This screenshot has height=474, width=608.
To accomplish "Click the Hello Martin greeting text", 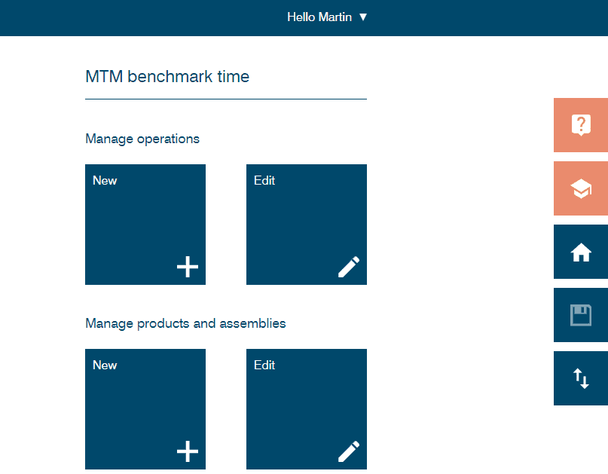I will pyautogui.click(x=319, y=17).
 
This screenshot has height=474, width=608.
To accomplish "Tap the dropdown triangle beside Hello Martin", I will pyautogui.click(x=363, y=17).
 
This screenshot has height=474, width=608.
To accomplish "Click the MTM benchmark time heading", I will pyautogui.click(x=167, y=76).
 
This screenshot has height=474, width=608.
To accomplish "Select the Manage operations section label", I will pyautogui.click(x=142, y=139).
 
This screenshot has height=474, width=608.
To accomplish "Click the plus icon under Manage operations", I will pyautogui.click(x=188, y=267).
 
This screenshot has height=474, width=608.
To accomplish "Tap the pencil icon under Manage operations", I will pyautogui.click(x=349, y=267).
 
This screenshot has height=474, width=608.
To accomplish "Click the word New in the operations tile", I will pyautogui.click(x=105, y=181).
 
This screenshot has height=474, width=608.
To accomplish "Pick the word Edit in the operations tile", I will pyautogui.click(x=264, y=181).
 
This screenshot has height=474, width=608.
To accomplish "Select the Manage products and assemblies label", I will pyautogui.click(x=185, y=323).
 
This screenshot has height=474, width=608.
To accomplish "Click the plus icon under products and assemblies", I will pyautogui.click(x=188, y=451).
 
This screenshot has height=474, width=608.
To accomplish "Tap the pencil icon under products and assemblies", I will pyautogui.click(x=349, y=451).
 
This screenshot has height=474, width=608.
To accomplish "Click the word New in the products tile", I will pyautogui.click(x=105, y=365).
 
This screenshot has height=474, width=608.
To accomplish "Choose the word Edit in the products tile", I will pyautogui.click(x=264, y=365).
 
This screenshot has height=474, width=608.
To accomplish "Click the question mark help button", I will pyautogui.click(x=581, y=125).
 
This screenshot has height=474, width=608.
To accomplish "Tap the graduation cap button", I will pyautogui.click(x=581, y=188).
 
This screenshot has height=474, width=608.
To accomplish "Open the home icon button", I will pyautogui.click(x=581, y=252).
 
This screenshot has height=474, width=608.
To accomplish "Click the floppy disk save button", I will pyautogui.click(x=581, y=315).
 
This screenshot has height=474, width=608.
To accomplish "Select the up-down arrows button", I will pyautogui.click(x=581, y=378).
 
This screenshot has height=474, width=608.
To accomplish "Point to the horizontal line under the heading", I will pyautogui.click(x=226, y=99).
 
